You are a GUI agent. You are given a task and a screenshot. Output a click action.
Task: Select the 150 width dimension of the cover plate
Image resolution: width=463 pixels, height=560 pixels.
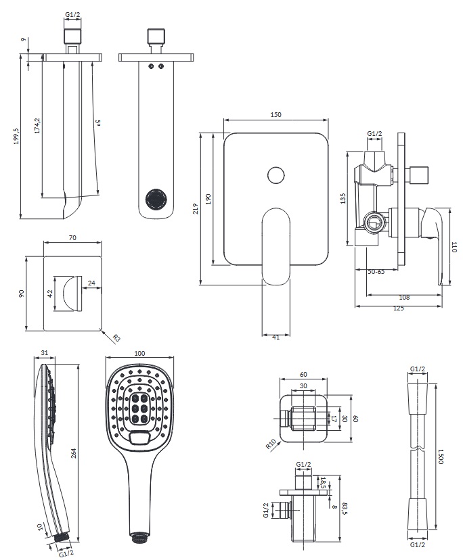point(275,116)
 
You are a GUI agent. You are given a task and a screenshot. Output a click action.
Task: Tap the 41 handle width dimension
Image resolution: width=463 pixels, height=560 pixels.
point(275,337)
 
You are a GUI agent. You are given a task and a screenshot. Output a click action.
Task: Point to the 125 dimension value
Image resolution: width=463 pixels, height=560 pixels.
point(398,308)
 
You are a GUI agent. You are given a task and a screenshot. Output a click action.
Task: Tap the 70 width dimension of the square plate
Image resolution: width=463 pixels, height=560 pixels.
point(72,237)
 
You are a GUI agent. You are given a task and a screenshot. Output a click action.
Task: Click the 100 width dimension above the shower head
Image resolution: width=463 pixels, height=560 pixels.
point(140,354)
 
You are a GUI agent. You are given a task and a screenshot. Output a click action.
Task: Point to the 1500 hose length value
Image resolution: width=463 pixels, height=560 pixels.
point(441,459)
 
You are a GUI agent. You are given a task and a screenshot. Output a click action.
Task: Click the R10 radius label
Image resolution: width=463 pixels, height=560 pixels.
point(271,444)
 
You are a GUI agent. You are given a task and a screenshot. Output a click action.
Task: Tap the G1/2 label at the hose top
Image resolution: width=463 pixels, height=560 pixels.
point(418,369)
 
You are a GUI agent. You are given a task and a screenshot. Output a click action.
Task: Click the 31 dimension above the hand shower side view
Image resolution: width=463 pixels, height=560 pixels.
point(45,354)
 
